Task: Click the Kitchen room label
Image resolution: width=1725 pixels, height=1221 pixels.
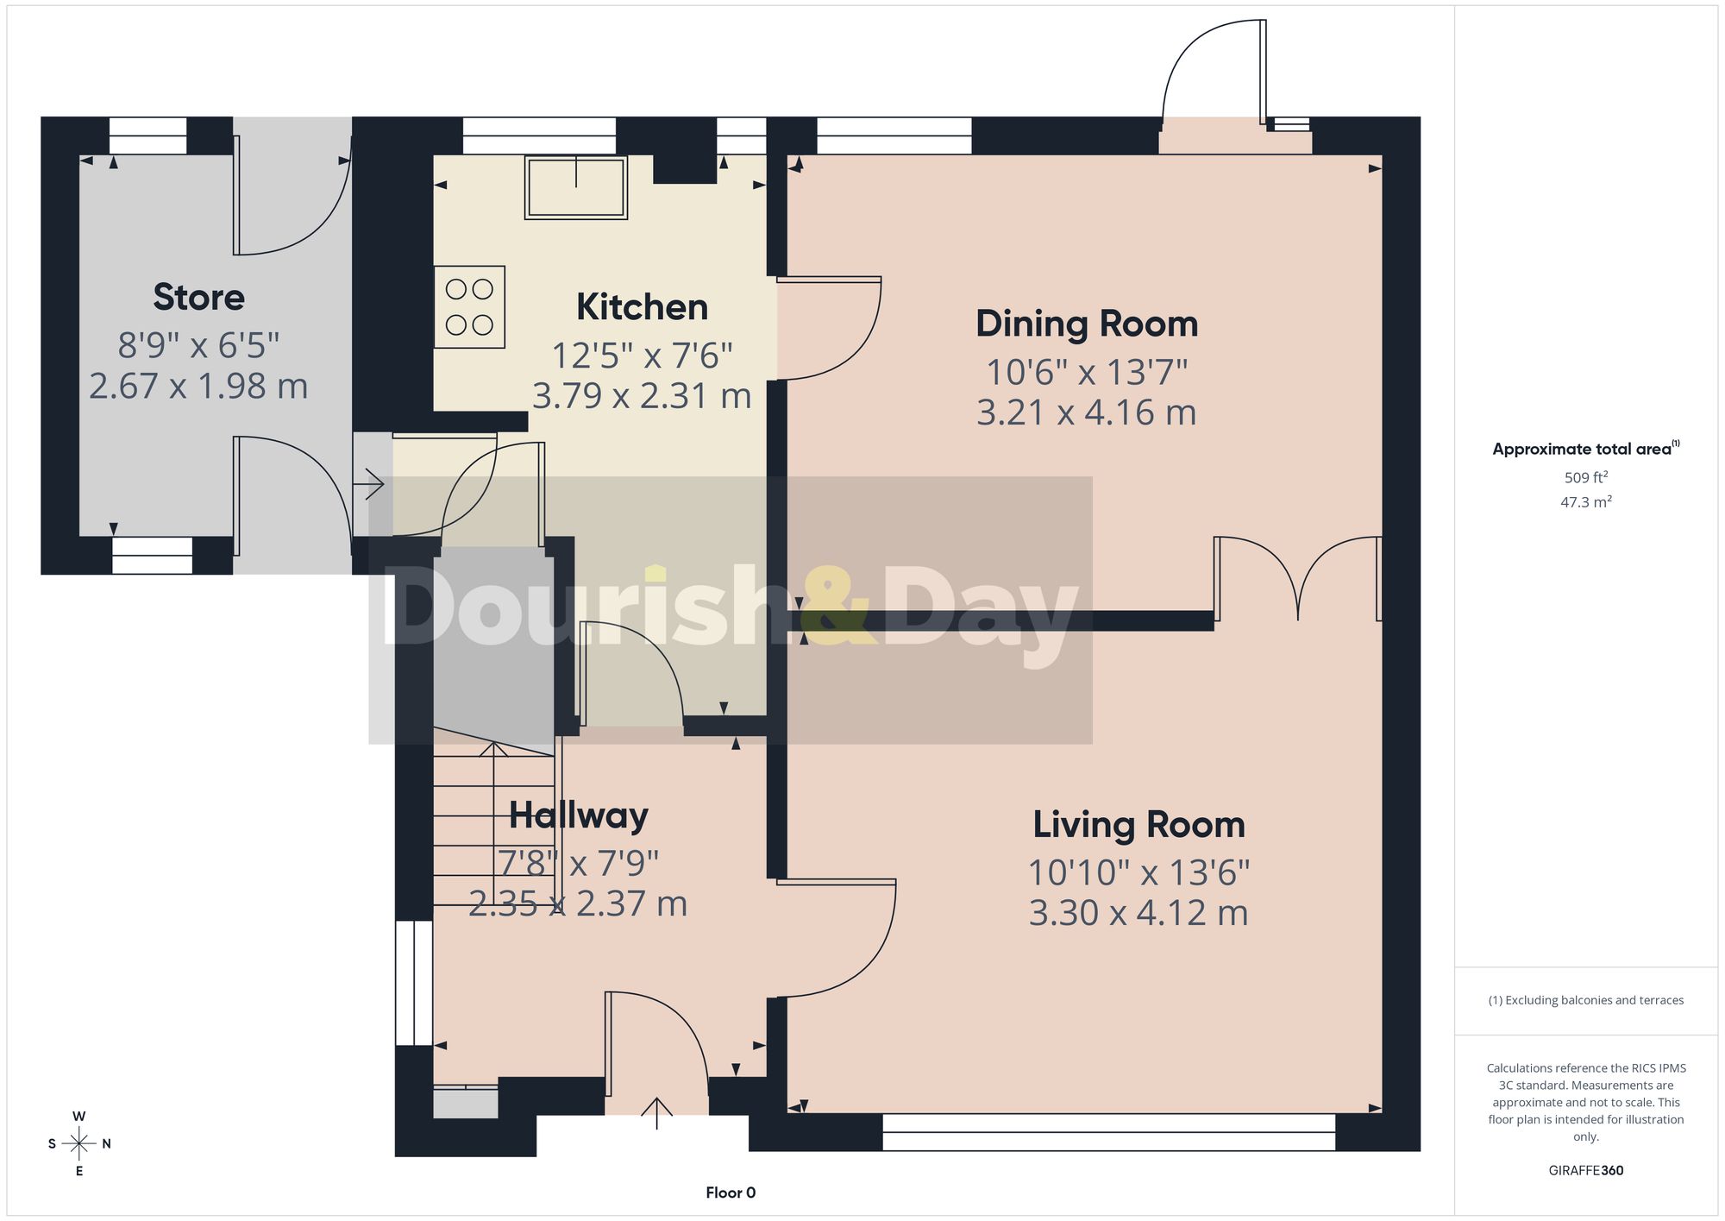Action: point(642,307)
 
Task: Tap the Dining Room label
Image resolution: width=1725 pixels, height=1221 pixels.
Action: point(1087,324)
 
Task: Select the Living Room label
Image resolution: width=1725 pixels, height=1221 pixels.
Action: point(1138,825)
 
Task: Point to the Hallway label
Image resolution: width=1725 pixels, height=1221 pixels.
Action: point(578,815)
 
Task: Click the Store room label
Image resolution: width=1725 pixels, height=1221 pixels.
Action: point(198,297)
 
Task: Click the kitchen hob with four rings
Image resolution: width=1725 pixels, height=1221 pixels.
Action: point(469,307)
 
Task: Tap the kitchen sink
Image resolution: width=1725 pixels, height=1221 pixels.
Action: point(576,187)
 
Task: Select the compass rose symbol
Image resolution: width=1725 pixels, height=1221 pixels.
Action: point(79,1144)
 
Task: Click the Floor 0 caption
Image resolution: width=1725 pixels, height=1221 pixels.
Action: point(731,1193)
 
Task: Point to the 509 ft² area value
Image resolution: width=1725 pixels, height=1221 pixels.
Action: point(1586,477)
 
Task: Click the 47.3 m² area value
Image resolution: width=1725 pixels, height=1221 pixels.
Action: point(1586,501)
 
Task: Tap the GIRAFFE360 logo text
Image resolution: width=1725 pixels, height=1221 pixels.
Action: point(1586,1170)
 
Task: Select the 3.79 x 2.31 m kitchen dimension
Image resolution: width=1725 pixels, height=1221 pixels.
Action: point(642,395)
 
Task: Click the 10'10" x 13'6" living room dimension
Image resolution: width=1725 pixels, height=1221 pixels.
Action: point(1138,872)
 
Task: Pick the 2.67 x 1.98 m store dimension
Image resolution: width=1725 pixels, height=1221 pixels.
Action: point(198,386)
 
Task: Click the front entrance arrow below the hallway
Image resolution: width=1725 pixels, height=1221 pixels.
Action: point(657,1113)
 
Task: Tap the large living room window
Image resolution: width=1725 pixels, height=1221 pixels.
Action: point(1108,1132)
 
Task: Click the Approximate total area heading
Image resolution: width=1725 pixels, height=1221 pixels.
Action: point(1586,448)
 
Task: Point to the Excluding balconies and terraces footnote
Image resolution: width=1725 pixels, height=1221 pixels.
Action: point(1586,1000)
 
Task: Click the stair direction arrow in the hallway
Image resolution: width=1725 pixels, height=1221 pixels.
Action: point(493,824)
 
